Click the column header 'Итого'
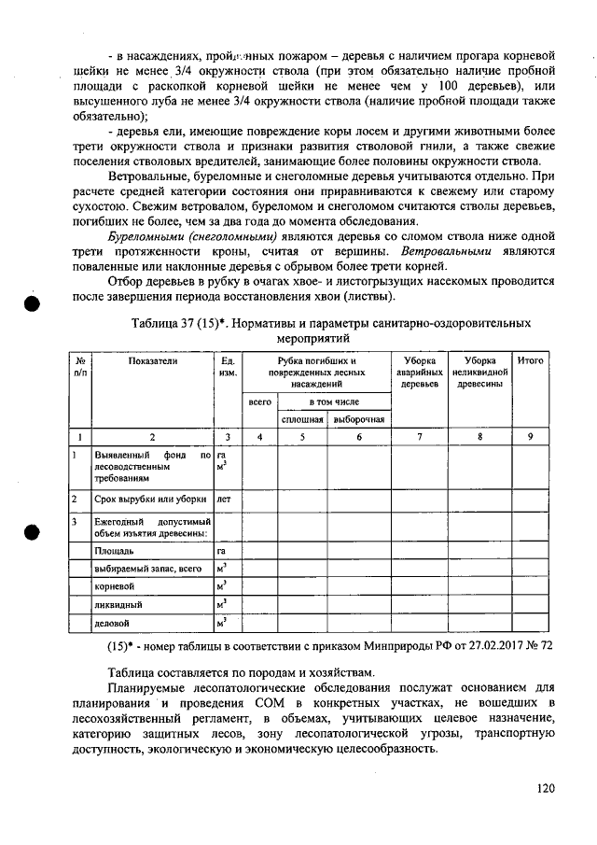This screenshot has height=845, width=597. [x=530, y=359]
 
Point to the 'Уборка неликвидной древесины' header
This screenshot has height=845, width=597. [x=479, y=371]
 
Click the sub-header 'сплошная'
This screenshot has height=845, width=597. [x=302, y=419]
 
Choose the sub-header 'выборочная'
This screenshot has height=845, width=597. [x=359, y=419]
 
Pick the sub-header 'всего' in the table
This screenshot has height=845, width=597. [x=260, y=401]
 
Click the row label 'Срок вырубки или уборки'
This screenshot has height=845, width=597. [x=150, y=500]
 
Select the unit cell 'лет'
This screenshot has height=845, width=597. [x=224, y=500]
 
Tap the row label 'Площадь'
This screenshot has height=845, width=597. [x=112, y=551]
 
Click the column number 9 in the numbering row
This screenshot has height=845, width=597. [x=530, y=436]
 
